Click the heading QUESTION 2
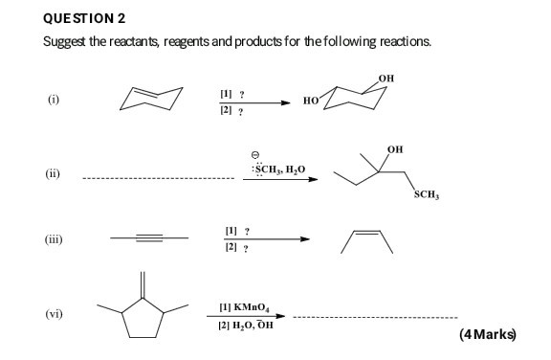[x=85, y=18]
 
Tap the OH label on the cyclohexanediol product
[x=385, y=77]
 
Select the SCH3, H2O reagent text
[x=278, y=169]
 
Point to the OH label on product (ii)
[x=395, y=149]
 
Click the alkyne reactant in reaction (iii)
[x=144, y=240]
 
